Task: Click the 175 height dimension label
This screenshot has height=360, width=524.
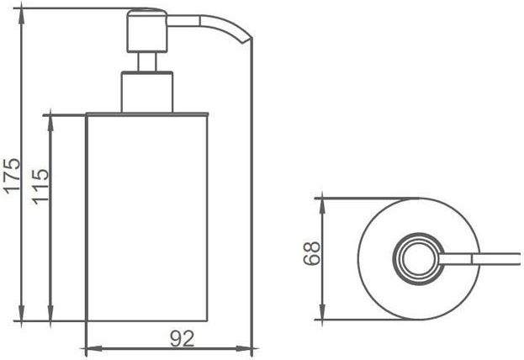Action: coord(12,176)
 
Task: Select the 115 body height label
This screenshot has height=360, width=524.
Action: coord(40,187)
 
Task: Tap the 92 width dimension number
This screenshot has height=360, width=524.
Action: coord(183,339)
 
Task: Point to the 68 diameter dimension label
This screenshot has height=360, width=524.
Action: coord(312,253)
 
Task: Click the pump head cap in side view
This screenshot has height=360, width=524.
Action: coord(147,31)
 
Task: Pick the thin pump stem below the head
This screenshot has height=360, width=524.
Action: coord(147,62)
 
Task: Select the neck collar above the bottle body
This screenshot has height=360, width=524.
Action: coord(147,92)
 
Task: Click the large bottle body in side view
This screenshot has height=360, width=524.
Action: coord(147,217)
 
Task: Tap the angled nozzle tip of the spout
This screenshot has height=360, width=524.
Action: coord(246,39)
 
